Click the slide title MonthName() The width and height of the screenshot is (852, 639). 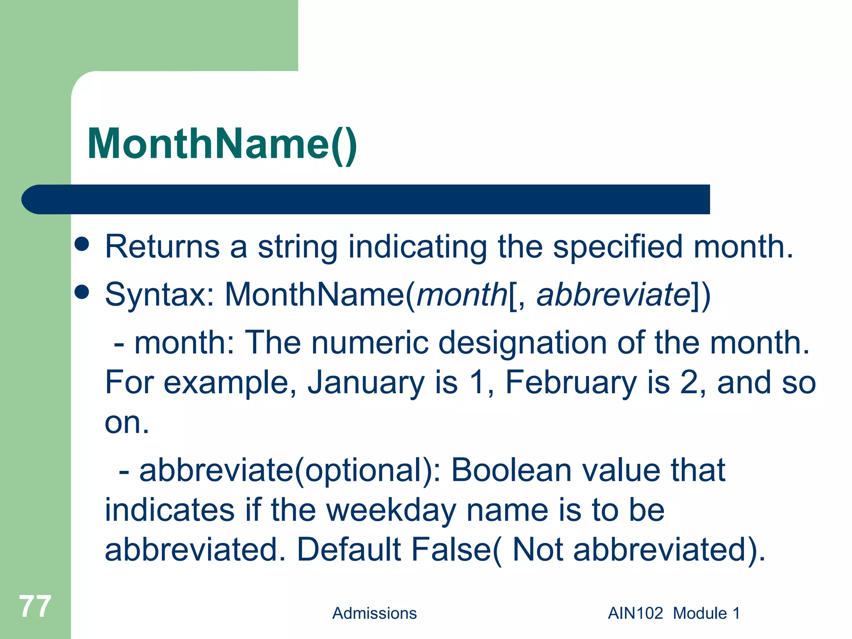pyautogui.click(x=222, y=144)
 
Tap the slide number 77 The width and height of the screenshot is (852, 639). pyautogui.click(x=35, y=606)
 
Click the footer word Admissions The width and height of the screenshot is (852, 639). pyautogui.click(x=374, y=613)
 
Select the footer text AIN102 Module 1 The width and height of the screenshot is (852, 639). pyautogui.click(x=674, y=613)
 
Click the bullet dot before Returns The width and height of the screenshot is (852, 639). pyautogui.click(x=82, y=244)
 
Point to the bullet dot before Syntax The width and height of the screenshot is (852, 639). pyautogui.click(x=82, y=292)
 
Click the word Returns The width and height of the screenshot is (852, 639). pyautogui.click(x=162, y=247)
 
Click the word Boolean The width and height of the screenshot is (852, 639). pyautogui.click(x=511, y=470)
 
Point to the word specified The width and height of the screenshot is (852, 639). pyautogui.click(x=617, y=247)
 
